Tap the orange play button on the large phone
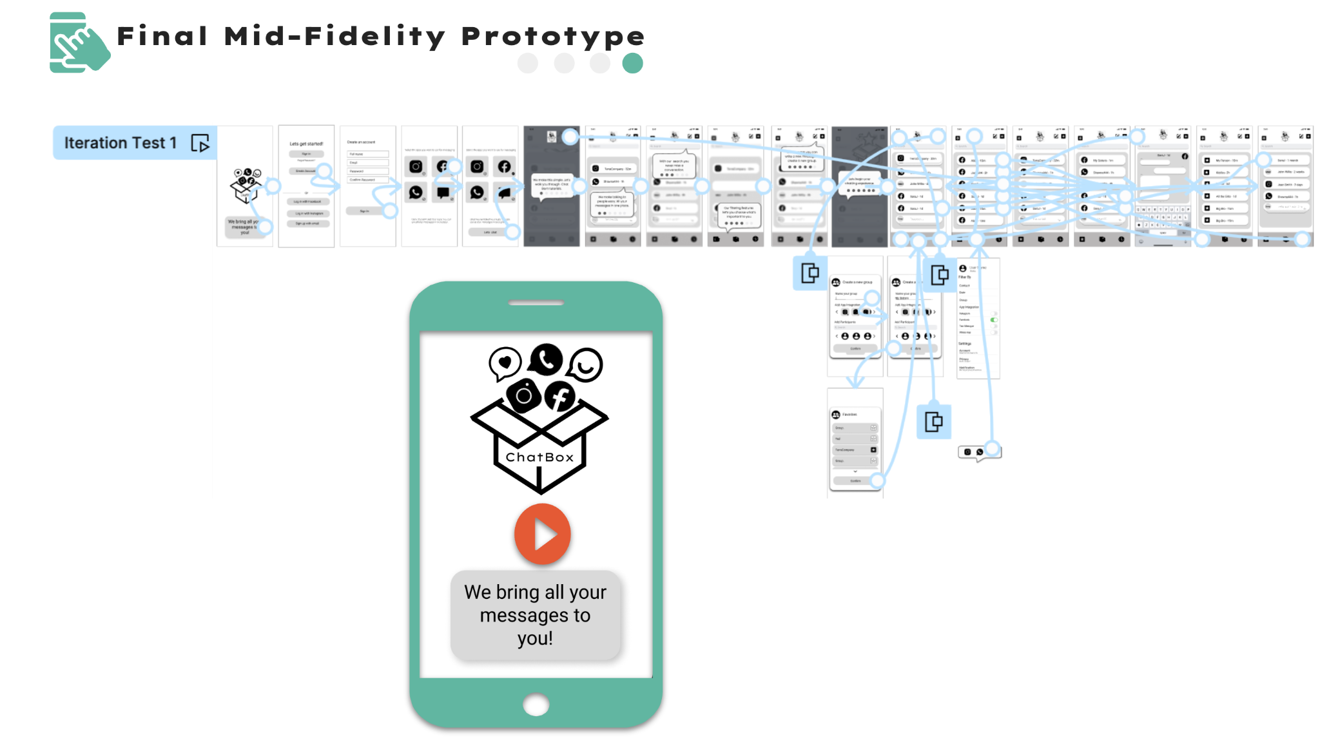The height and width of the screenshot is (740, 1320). point(542,534)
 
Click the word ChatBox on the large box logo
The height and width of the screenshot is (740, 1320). point(539,457)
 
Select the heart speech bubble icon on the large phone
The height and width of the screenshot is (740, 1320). point(505,363)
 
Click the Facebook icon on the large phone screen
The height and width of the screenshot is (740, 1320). point(559,395)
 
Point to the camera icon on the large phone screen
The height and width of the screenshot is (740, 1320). point(523,395)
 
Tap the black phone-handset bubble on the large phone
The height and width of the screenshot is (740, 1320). point(546,359)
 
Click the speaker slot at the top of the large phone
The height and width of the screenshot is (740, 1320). point(536,303)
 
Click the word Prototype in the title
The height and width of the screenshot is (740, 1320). point(553,37)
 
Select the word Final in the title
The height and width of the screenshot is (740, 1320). point(162,36)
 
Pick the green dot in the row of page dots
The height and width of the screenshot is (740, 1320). point(632,63)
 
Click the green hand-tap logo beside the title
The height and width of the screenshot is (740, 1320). point(78,43)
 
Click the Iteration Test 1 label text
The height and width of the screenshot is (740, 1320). point(121,143)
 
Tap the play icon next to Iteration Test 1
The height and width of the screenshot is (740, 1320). point(200,143)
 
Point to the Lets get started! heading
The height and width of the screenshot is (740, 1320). point(306,144)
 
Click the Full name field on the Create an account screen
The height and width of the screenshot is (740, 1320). point(368,154)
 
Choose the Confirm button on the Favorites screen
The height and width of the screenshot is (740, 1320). point(855,480)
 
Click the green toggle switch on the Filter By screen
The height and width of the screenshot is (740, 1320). point(994,319)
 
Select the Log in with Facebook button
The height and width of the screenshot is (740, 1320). point(308,202)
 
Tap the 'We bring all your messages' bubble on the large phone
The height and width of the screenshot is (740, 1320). point(535,615)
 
